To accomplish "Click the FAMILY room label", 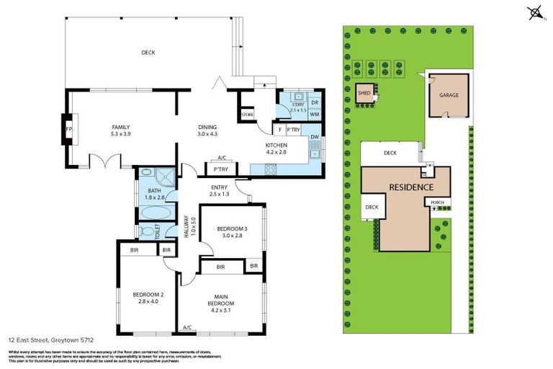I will click(120, 127).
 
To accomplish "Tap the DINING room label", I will click(207, 128).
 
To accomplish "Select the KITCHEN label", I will click(276, 145).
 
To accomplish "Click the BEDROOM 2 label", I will click(144, 294).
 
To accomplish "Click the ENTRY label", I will click(219, 189).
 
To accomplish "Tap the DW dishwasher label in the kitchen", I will click(314, 137).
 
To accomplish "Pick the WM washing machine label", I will click(314, 114).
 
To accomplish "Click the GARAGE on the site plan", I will click(449, 95).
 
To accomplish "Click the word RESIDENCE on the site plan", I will click(411, 187).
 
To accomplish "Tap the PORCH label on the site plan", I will click(437, 203).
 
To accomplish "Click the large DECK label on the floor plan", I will click(148, 52).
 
